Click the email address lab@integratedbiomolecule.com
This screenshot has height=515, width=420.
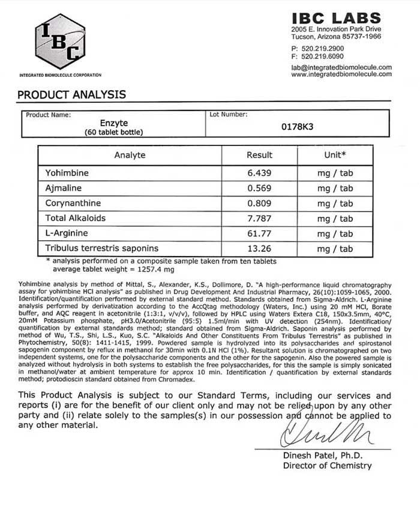tap(341, 67)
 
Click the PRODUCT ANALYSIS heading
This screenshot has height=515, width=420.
tap(71, 94)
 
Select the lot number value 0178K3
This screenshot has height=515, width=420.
tap(298, 127)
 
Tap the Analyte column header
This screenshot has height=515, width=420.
tap(130, 155)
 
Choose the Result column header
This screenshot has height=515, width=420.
tap(260, 155)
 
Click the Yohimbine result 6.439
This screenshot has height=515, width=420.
tap(260, 173)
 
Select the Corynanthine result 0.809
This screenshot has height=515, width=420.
tap(260, 203)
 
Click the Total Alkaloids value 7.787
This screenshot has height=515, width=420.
tap(260, 218)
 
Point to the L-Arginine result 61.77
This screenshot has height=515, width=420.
tap(260, 233)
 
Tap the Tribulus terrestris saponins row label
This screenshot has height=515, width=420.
tap(102, 248)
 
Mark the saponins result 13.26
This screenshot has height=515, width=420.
tap(260, 248)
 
